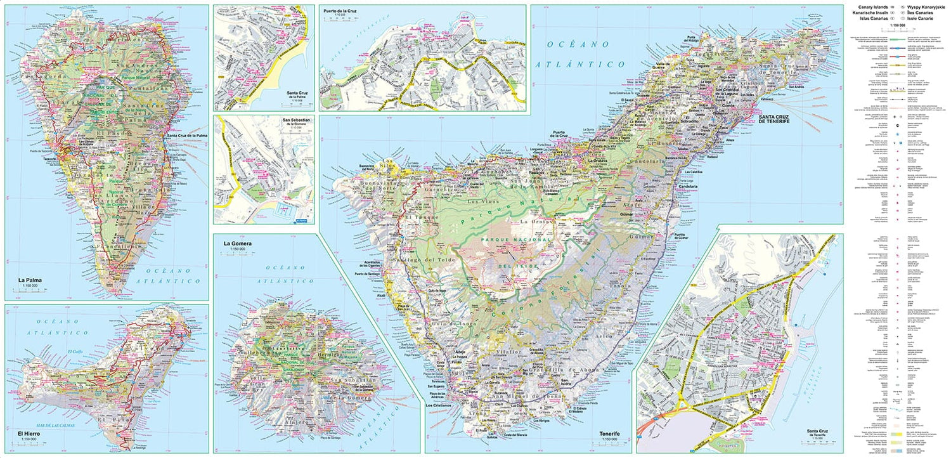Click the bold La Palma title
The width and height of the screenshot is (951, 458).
coord(30,280)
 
